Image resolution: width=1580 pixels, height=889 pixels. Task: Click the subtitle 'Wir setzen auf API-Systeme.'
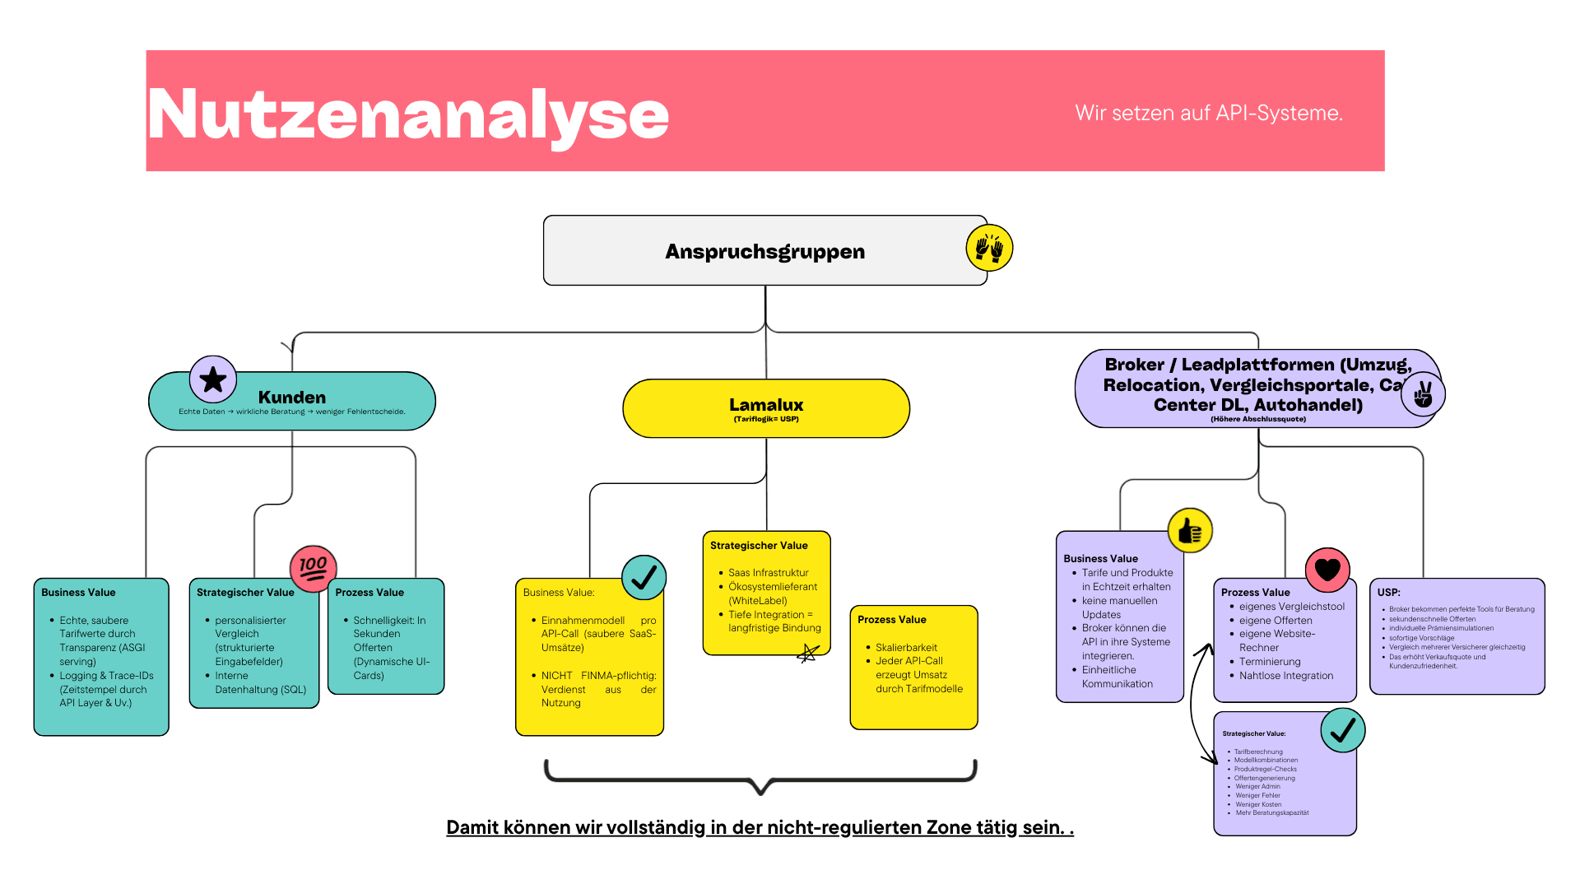click(x=1208, y=113)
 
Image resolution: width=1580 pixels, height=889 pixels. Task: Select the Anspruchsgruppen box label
click(x=764, y=251)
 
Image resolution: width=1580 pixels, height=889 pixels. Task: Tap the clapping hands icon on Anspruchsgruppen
click(x=989, y=248)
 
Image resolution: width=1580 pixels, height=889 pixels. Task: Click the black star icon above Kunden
click(x=213, y=379)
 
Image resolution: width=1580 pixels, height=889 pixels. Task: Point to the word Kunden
click(x=292, y=398)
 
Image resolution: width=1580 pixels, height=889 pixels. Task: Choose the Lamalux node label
click(x=766, y=404)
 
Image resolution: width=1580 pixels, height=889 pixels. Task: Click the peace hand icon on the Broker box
click(x=1423, y=395)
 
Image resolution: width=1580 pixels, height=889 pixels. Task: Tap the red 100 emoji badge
click(x=314, y=568)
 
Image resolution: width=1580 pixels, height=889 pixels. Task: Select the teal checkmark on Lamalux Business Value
click(x=644, y=577)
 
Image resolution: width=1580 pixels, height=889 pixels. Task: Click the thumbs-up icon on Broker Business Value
click(x=1190, y=531)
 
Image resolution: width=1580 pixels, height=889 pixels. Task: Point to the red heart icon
click(x=1327, y=570)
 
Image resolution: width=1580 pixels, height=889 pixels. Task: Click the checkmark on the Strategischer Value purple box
click(x=1342, y=730)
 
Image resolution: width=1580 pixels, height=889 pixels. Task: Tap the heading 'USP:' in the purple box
click(x=1389, y=592)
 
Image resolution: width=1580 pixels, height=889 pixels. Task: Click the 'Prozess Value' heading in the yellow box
click(x=891, y=620)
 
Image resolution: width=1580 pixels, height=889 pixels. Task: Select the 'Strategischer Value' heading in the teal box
click(x=245, y=593)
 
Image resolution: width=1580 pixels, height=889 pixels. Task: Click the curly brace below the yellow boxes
click(x=760, y=777)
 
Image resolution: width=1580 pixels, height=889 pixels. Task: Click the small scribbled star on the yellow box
click(x=808, y=654)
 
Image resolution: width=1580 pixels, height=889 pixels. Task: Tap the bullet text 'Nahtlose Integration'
click(x=1286, y=676)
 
